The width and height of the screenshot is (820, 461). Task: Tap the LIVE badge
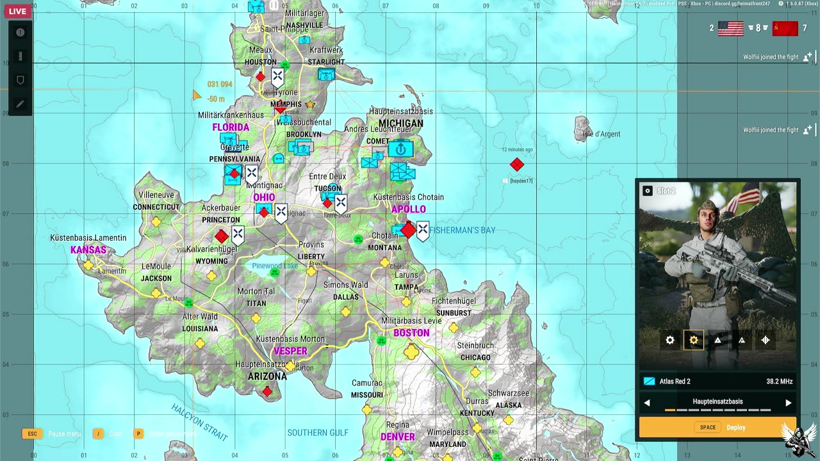click(x=17, y=12)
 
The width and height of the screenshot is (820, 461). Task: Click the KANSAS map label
click(x=88, y=250)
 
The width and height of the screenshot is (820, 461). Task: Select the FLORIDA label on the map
click(x=231, y=127)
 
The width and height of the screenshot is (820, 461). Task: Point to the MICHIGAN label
click(x=401, y=124)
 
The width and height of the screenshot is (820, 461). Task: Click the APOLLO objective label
click(x=409, y=209)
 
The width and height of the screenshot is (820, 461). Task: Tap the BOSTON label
click(x=411, y=333)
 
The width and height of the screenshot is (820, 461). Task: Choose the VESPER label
click(x=290, y=352)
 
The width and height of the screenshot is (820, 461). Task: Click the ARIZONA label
click(x=267, y=376)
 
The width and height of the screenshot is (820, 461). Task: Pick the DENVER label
click(x=398, y=437)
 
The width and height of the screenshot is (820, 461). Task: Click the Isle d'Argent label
click(x=602, y=134)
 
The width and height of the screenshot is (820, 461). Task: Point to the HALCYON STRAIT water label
click(x=199, y=422)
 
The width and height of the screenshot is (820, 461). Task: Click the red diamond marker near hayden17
click(x=517, y=165)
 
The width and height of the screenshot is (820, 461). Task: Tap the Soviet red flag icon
click(x=785, y=28)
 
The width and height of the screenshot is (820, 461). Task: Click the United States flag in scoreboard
click(x=730, y=28)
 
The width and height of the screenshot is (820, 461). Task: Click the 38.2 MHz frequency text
click(x=779, y=382)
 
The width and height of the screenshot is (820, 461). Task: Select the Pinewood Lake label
click(x=275, y=266)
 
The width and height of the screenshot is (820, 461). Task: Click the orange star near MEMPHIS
click(x=310, y=104)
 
